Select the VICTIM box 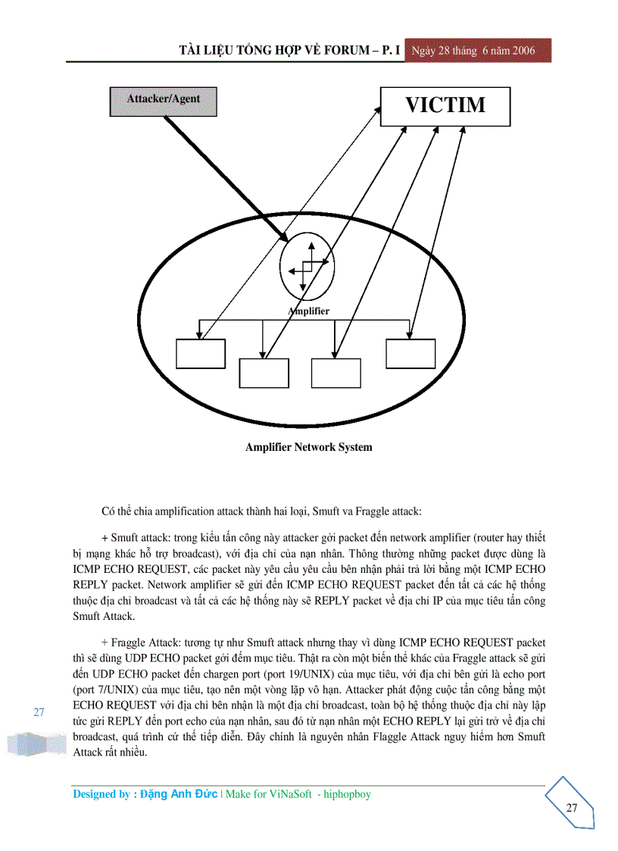[x=445, y=105]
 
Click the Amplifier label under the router [x=310, y=311]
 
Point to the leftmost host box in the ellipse [x=201, y=353]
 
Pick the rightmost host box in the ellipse [x=410, y=353]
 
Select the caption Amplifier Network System [x=308, y=447]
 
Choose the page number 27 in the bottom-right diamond [x=571, y=808]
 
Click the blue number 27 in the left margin [x=39, y=712]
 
